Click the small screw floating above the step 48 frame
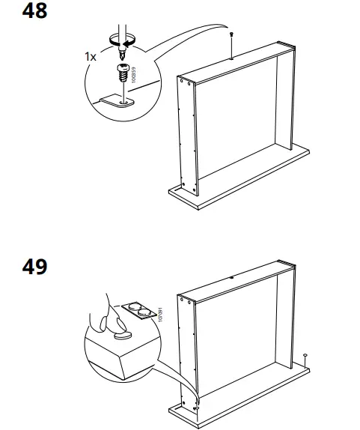click(x=232, y=35)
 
